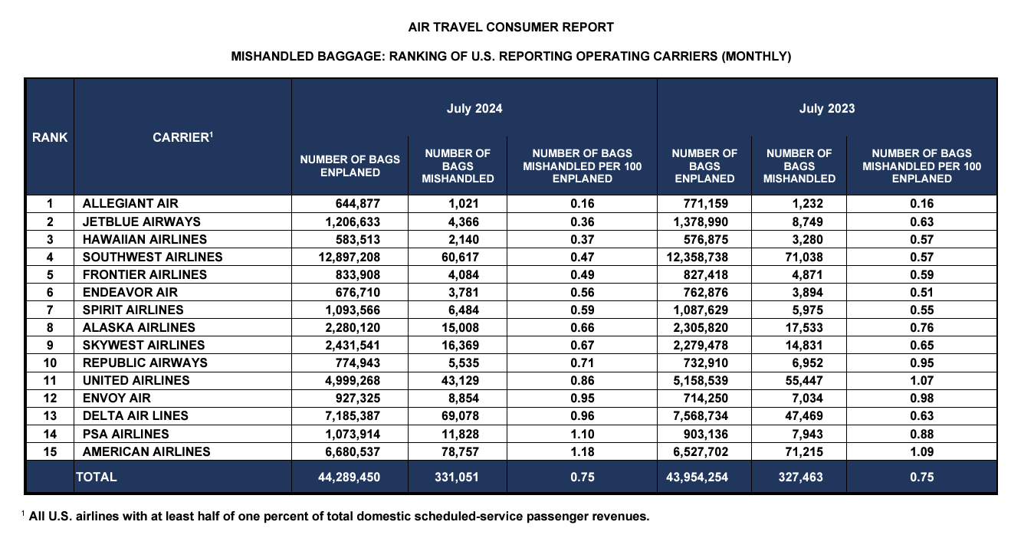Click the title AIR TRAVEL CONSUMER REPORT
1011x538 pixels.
click(511, 27)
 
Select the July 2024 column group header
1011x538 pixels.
click(474, 109)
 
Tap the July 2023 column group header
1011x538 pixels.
click(827, 109)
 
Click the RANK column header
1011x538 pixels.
click(50, 137)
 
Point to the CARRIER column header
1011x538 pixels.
click(182, 136)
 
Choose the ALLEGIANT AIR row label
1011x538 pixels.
click(130, 204)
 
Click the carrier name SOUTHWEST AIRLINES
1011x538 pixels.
click(152, 257)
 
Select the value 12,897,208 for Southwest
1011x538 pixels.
click(349, 258)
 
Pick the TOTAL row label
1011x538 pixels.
click(96, 477)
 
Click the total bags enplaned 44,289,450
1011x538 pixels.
click(349, 477)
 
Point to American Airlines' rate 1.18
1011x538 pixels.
click(583, 452)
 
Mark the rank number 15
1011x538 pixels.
click(50, 452)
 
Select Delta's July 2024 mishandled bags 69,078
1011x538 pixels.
click(460, 415)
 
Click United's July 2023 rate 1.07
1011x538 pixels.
click(921, 380)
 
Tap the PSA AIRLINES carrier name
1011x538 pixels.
click(126, 435)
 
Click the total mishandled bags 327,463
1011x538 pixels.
click(800, 477)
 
